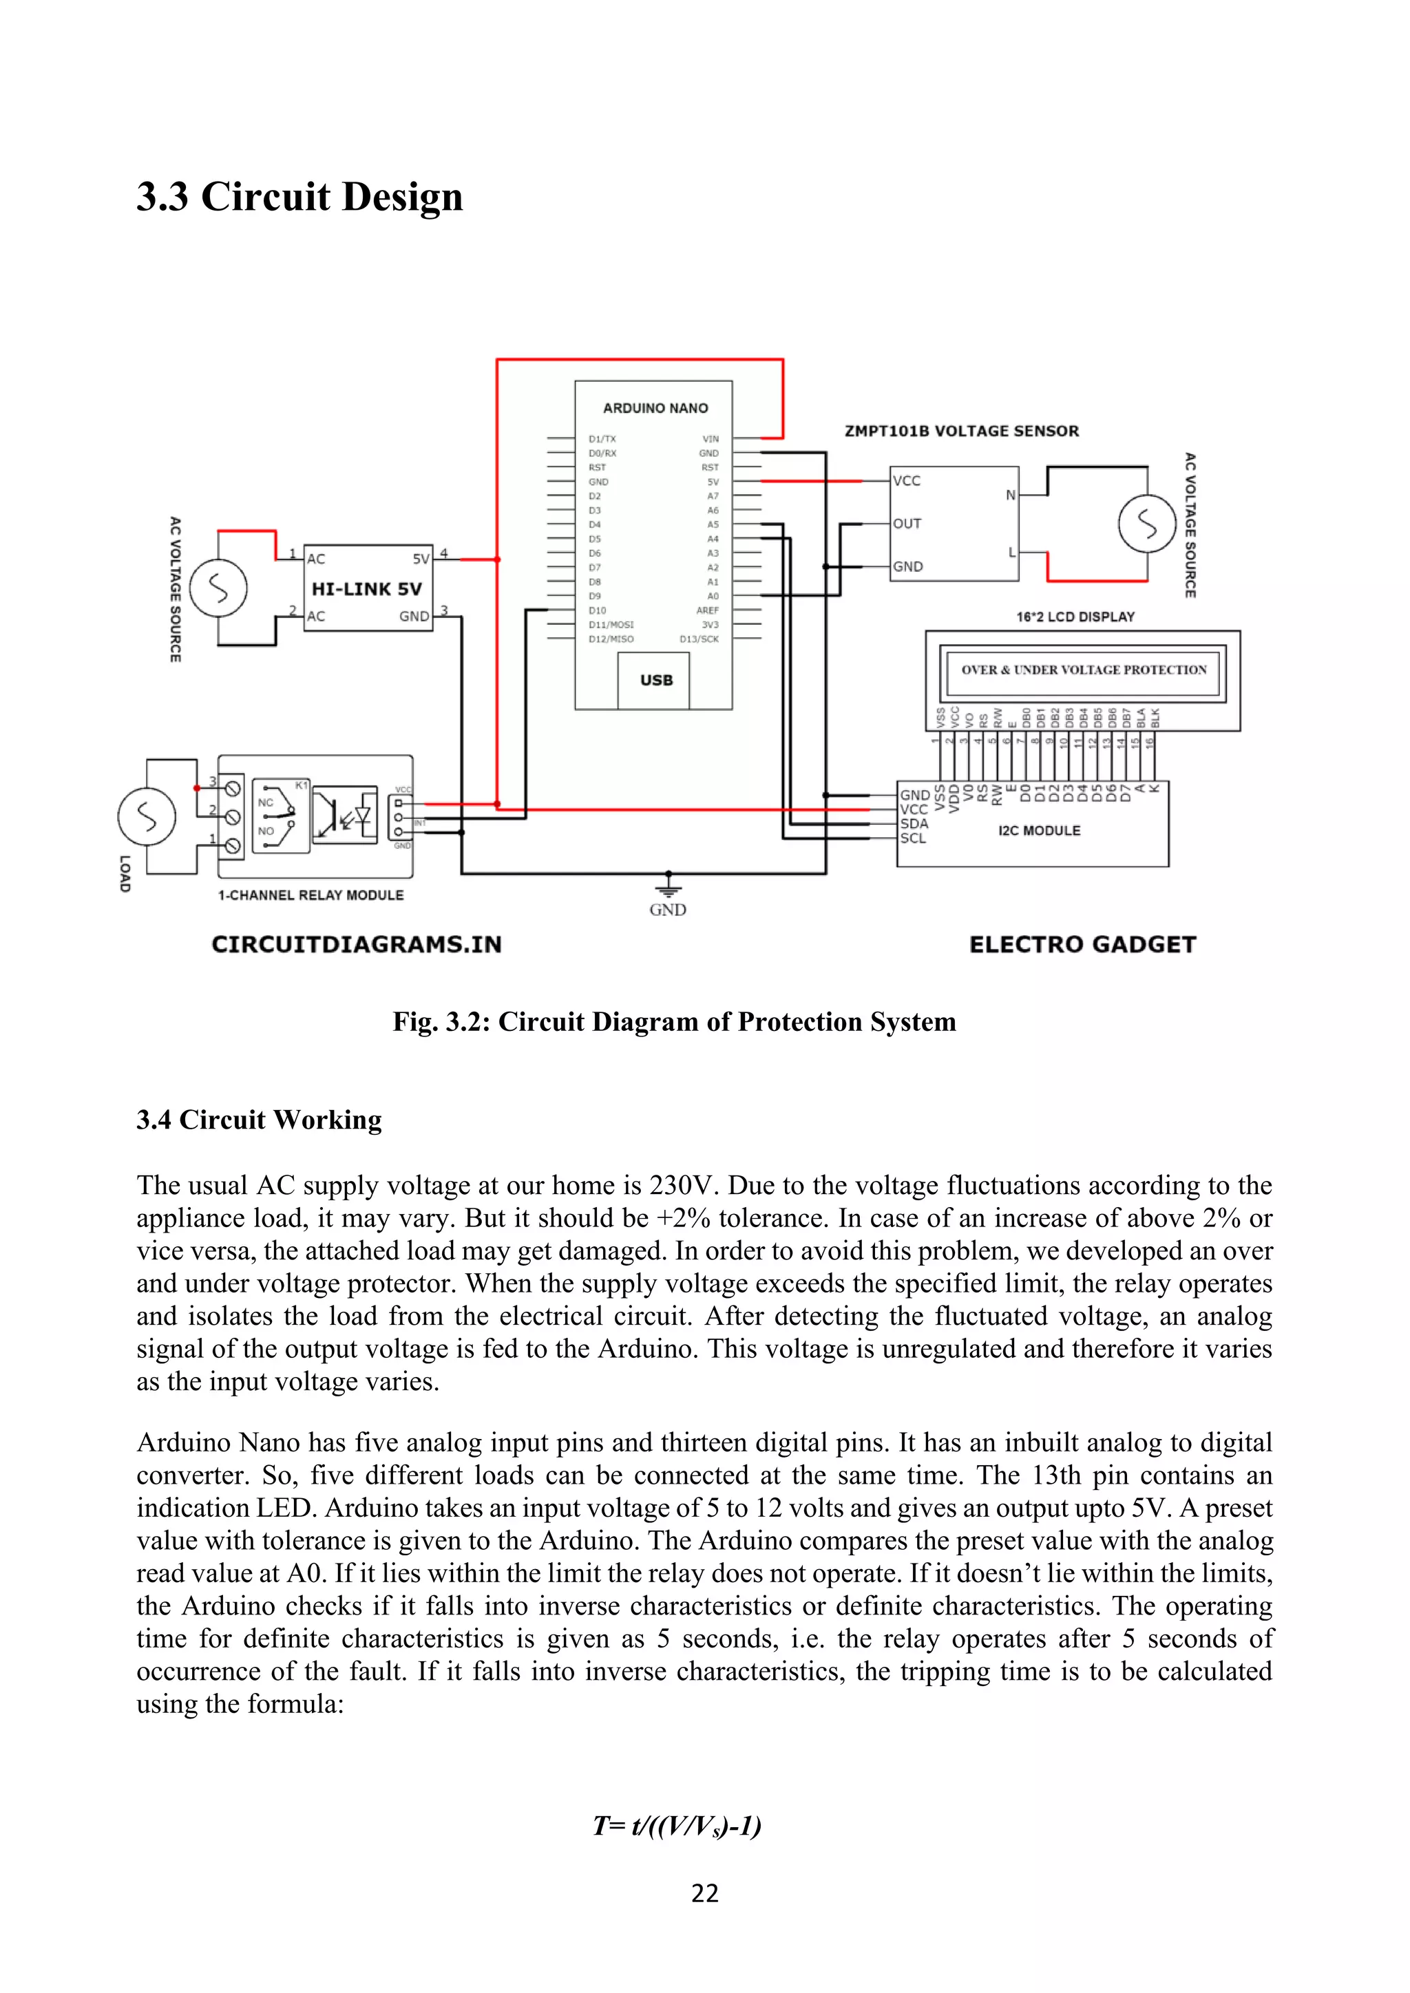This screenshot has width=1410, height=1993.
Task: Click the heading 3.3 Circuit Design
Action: [x=299, y=197]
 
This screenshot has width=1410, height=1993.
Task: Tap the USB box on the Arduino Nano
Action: [x=656, y=680]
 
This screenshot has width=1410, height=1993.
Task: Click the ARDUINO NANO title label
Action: [x=655, y=408]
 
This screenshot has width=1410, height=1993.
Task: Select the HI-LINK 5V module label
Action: [x=366, y=588]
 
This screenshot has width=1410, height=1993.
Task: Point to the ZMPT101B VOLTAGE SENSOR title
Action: [x=962, y=431]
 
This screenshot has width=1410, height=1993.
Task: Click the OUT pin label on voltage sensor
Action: [x=907, y=524]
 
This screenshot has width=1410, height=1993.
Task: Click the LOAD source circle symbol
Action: [x=147, y=816]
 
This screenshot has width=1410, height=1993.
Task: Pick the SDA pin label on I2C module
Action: [x=914, y=823]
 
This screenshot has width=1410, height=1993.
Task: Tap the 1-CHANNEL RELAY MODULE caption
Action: [x=311, y=895]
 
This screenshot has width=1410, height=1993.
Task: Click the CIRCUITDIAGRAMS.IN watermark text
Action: [x=357, y=944]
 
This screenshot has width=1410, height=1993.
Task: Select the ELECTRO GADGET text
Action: [x=1083, y=944]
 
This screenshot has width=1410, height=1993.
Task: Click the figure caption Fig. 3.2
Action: [x=674, y=1022]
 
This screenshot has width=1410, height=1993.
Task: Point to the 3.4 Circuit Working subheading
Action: [x=259, y=1120]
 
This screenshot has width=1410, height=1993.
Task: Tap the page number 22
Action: [x=704, y=1893]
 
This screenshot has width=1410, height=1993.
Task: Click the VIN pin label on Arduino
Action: [x=711, y=439]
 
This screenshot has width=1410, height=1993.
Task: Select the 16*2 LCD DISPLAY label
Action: [x=1075, y=617]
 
